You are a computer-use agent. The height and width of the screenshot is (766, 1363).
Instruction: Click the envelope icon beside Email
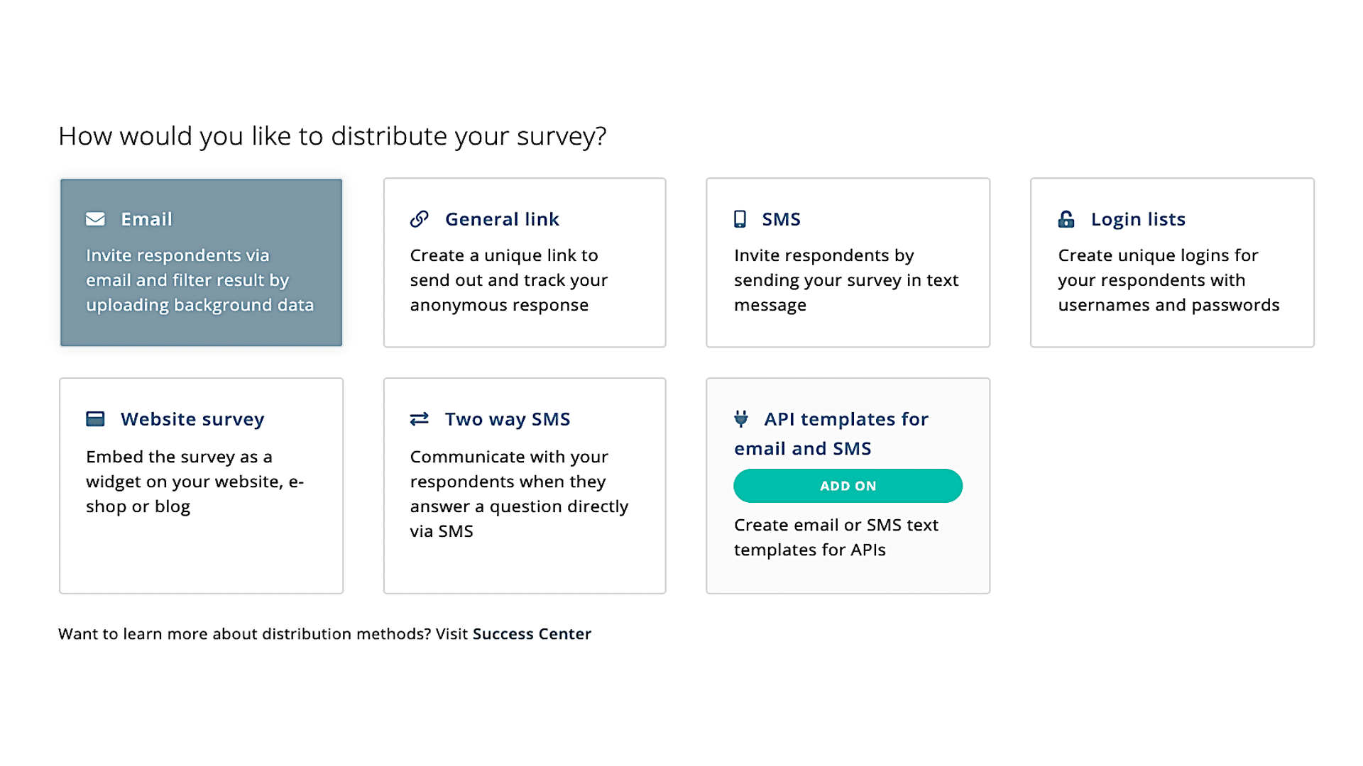pyautogui.click(x=95, y=219)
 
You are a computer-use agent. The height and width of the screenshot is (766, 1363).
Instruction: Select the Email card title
pyautogui.click(x=146, y=219)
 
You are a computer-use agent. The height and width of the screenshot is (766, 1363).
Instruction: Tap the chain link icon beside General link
pyautogui.click(x=420, y=219)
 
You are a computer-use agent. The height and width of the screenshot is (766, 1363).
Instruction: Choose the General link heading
pyautogui.click(x=502, y=219)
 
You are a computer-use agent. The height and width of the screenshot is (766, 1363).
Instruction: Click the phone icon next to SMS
pyautogui.click(x=740, y=219)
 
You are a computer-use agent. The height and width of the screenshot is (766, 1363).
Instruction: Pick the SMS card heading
pyautogui.click(x=781, y=219)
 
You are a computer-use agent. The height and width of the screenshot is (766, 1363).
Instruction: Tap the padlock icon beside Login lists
pyautogui.click(x=1066, y=219)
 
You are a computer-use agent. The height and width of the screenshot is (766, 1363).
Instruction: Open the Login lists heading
pyautogui.click(x=1138, y=220)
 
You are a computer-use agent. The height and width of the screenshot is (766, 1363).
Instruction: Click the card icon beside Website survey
pyautogui.click(x=95, y=419)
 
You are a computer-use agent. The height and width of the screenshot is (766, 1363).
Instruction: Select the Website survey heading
pyautogui.click(x=192, y=419)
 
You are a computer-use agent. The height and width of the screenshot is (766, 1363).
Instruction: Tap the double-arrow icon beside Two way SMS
pyautogui.click(x=420, y=419)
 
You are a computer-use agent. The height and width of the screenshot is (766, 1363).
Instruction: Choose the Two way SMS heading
pyautogui.click(x=508, y=419)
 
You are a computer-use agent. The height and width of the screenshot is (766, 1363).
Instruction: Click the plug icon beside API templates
pyautogui.click(x=741, y=419)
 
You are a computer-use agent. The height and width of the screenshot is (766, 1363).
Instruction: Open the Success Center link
pyautogui.click(x=532, y=633)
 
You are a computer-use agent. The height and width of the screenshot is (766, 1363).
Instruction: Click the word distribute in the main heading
pyautogui.click(x=389, y=135)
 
